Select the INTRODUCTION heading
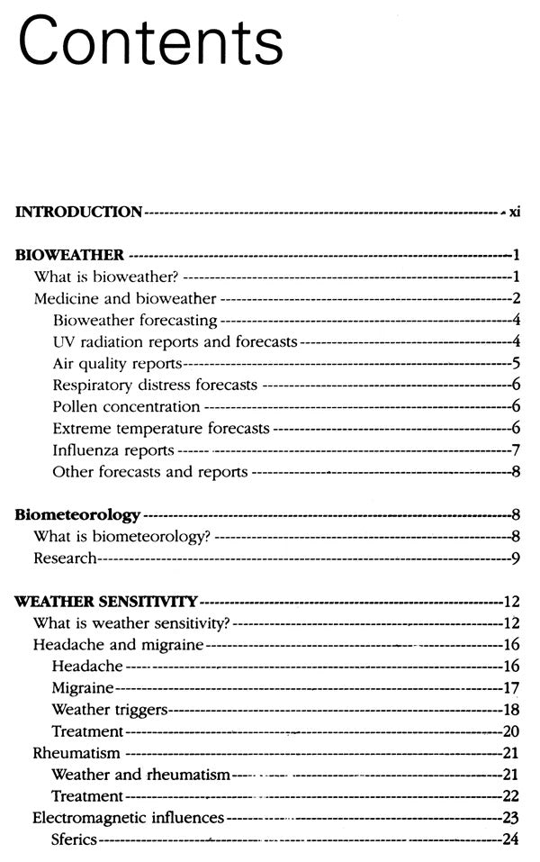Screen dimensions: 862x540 pos(79,213)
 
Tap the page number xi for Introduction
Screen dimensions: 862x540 pos(514,213)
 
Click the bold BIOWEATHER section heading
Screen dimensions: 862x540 pos(68,255)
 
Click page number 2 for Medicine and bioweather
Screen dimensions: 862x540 pos(517,298)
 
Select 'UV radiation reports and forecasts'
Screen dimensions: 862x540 pos(175,341)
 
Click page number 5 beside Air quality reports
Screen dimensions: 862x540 pos(517,363)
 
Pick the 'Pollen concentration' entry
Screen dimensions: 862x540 pos(126,406)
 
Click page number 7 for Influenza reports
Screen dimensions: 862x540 pos(517,449)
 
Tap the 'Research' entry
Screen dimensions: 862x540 pos(65,558)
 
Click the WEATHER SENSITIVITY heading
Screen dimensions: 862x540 pos(106,601)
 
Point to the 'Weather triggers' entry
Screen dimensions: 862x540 pos(110,709)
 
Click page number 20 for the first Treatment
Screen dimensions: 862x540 pos(512,730)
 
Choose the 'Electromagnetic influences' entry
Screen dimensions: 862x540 pos(128,818)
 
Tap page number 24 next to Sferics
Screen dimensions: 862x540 pos(512,839)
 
